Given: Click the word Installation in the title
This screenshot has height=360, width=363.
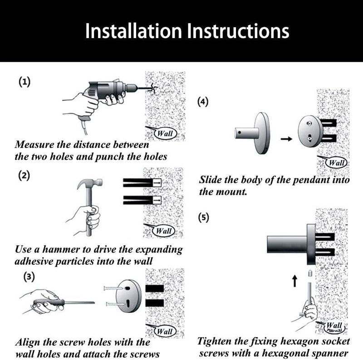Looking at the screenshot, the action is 133,31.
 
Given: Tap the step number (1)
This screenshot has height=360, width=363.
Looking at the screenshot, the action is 25,82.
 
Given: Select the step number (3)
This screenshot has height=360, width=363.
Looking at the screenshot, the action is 29,277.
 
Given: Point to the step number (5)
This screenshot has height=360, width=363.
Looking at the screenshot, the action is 203,218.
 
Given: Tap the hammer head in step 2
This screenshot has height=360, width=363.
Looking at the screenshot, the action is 90,183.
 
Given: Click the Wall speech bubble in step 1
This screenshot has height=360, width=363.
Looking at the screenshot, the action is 165,133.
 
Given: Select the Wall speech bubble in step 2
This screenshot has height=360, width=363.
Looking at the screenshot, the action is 163,231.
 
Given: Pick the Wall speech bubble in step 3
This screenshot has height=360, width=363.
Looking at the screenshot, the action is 164,331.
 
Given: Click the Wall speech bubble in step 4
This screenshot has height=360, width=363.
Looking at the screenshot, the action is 336,162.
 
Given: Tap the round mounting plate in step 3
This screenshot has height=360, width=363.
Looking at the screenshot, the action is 128,296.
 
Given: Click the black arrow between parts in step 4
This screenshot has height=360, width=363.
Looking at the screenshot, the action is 286,139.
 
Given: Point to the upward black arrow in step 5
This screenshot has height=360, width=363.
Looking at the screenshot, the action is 294,281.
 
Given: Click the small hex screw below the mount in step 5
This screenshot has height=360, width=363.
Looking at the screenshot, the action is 310,273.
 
